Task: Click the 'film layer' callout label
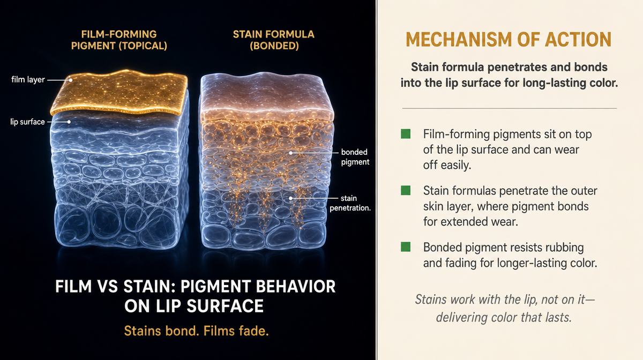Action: click(28, 79)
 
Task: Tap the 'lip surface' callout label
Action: click(27, 122)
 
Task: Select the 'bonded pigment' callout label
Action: click(355, 157)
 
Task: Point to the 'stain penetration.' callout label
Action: click(350, 203)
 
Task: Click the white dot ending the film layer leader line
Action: click(71, 80)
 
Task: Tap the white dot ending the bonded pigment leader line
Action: click(290, 153)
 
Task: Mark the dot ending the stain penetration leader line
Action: click(290, 198)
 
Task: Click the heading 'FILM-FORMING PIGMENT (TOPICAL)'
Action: click(119, 40)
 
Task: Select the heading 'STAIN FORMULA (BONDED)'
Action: click(274, 40)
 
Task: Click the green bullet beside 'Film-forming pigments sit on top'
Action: click(406, 134)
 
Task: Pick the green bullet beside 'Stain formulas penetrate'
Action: click(406, 190)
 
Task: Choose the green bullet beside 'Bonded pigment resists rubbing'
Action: click(406, 246)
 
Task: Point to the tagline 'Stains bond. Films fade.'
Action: click(196, 331)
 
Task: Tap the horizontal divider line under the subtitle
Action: click(510, 109)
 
